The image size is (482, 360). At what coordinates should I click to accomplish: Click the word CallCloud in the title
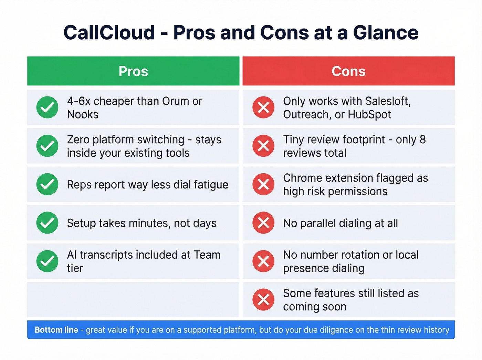click(x=109, y=33)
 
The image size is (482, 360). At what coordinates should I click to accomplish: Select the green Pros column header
click(x=133, y=71)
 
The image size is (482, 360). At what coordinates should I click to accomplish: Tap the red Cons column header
click(x=348, y=71)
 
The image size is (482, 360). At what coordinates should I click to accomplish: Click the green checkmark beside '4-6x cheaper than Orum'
click(x=47, y=107)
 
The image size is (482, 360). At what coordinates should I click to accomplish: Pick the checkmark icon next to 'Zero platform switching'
click(x=47, y=146)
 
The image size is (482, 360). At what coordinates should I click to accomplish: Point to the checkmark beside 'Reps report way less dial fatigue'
click(x=47, y=184)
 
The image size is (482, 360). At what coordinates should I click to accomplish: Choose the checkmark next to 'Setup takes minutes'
click(x=47, y=223)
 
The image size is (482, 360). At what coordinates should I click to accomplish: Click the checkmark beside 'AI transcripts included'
click(x=47, y=261)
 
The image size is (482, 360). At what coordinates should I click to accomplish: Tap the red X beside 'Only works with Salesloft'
click(x=263, y=107)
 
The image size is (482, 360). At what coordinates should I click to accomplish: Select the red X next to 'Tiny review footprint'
click(x=263, y=146)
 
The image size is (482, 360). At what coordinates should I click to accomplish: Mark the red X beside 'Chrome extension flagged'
click(x=263, y=184)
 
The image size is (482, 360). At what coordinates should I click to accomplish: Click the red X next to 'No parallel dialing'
click(x=263, y=223)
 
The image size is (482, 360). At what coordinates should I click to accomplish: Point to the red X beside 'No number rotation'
click(x=263, y=261)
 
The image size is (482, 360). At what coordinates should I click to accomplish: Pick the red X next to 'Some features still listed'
click(x=263, y=300)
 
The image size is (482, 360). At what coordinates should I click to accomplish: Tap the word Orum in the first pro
click(x=176, y=101)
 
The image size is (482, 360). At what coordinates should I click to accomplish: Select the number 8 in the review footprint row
click(x=422, y=140)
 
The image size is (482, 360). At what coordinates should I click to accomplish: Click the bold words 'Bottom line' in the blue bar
click(x=56, y=330)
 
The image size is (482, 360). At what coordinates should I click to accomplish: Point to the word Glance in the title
click(x=386, y=33)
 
